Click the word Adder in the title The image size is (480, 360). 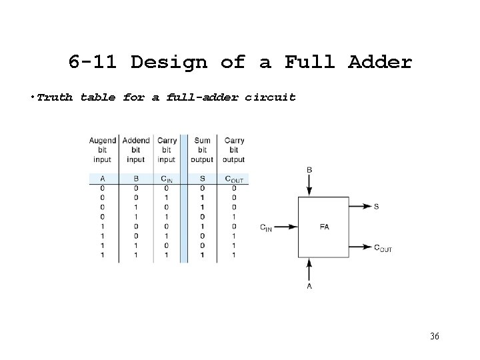pos(380,63)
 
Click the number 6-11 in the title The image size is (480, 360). pos(93,63)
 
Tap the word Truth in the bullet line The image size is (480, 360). pos(55,97)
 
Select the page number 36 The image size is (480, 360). pos(434,335)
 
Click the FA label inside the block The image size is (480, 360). pos(324,227)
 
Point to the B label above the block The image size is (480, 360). pos(309,170)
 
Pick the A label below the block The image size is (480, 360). pos(309,286)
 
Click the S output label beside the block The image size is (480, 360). pos(376,207)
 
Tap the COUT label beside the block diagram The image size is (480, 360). pos(382,248)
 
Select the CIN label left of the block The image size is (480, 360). pos(266,227)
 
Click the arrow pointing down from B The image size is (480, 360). pos(309,186)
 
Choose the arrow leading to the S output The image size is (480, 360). pos(360,207)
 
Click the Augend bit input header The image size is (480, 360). pos(103,150)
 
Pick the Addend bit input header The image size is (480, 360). pos(136,150)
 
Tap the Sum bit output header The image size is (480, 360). pos(201,150)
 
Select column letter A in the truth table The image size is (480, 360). pos(103,179)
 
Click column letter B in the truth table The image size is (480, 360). pos(135,179)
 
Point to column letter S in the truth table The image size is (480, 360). pos(201,179)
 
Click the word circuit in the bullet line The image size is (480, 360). pos(270,97)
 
